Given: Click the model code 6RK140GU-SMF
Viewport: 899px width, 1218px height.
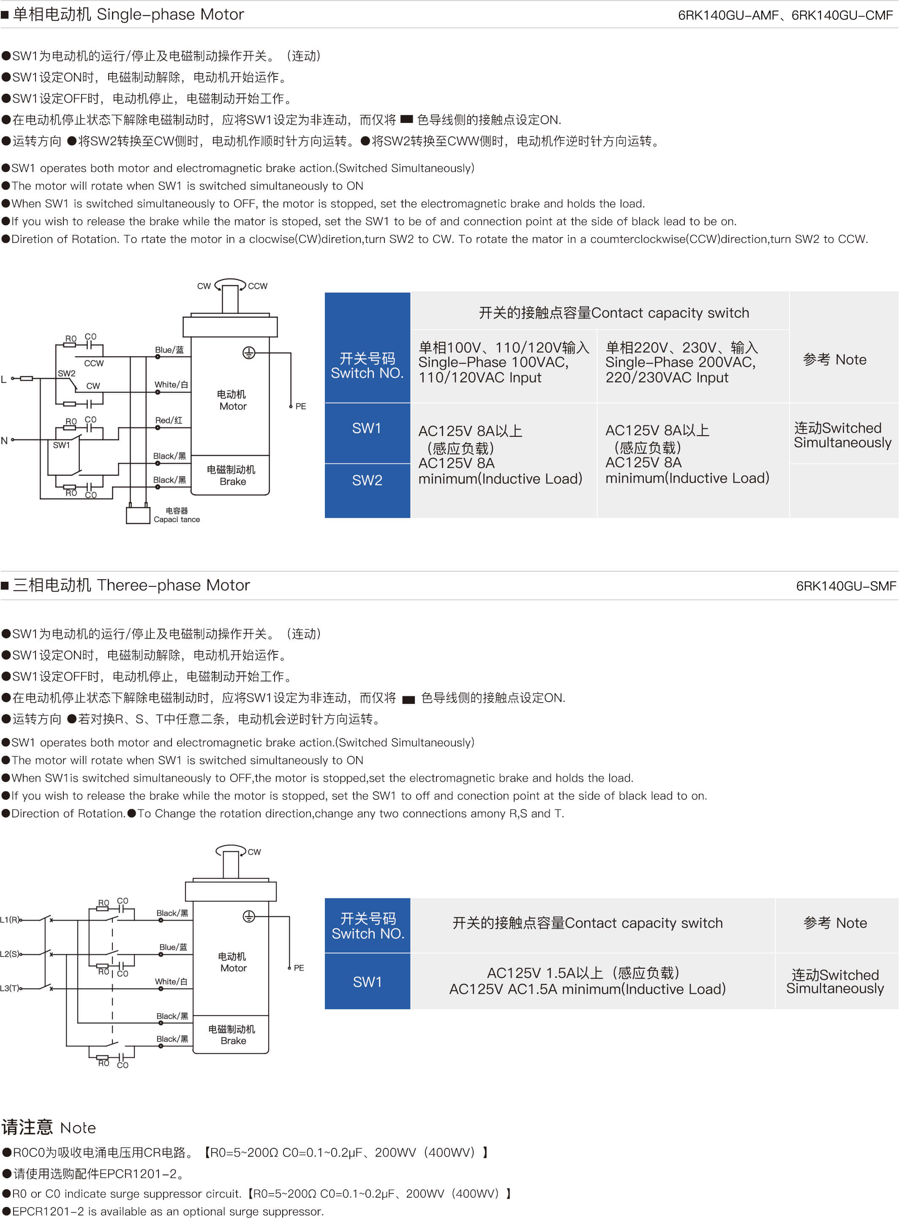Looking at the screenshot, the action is (x=846, y=586).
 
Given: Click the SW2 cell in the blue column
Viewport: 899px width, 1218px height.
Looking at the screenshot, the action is (x=367, y=480).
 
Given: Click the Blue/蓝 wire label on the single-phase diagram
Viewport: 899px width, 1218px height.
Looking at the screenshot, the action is (x=169, y=350).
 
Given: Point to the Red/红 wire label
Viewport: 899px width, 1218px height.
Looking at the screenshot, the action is (x=169, y=420).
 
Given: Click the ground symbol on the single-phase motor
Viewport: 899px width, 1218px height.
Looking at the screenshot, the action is (x=249, y=353).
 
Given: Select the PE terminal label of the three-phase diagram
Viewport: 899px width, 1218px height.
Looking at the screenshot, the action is (x=299, y=967).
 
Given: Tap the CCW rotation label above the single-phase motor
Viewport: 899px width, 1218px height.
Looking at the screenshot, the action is (x=257, y=286).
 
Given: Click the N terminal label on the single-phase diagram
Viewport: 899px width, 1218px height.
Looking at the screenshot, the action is (x=4, y=440).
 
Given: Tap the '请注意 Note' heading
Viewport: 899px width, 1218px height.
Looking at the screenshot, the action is (x=49, y=1127).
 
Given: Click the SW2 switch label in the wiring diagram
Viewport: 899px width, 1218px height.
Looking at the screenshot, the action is (x=66, y=373).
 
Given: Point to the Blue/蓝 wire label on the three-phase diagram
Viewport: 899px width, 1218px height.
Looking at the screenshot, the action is (x=173, y=947).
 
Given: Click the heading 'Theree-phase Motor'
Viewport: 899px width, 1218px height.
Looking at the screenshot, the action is (x=174, y=585).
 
